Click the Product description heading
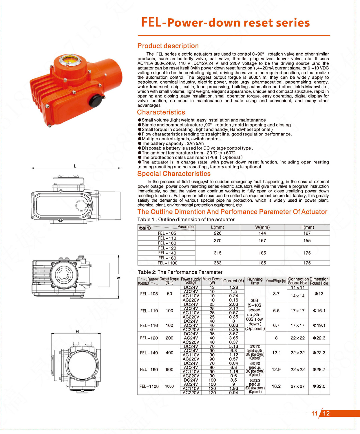tap(168, 46)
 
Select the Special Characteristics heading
tap(174, 174)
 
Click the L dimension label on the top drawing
tap(75, 166)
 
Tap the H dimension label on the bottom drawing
tap(77, 332)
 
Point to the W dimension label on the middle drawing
tap(118, 278)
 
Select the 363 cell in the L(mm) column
tap(218, 263)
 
